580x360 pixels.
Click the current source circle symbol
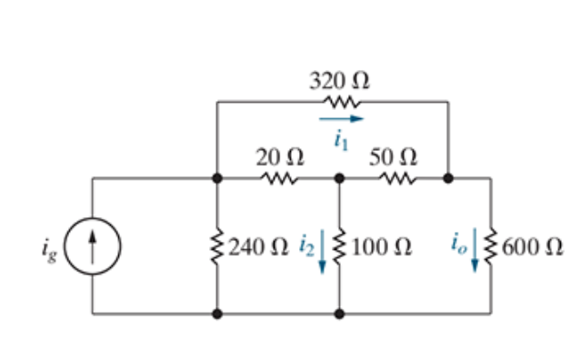94,245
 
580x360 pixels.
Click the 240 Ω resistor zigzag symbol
216,245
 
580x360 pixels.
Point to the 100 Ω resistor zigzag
339,245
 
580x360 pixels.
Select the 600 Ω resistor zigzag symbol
491,245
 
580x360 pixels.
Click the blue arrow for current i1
341,118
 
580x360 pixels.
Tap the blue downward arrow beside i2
324,248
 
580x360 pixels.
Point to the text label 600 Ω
527,245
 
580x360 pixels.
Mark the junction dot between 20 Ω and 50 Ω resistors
339,178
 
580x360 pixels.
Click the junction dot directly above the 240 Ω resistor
216,178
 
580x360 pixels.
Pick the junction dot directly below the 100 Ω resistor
339,315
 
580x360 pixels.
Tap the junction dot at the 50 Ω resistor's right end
448,178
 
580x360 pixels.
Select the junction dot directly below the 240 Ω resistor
216,315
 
